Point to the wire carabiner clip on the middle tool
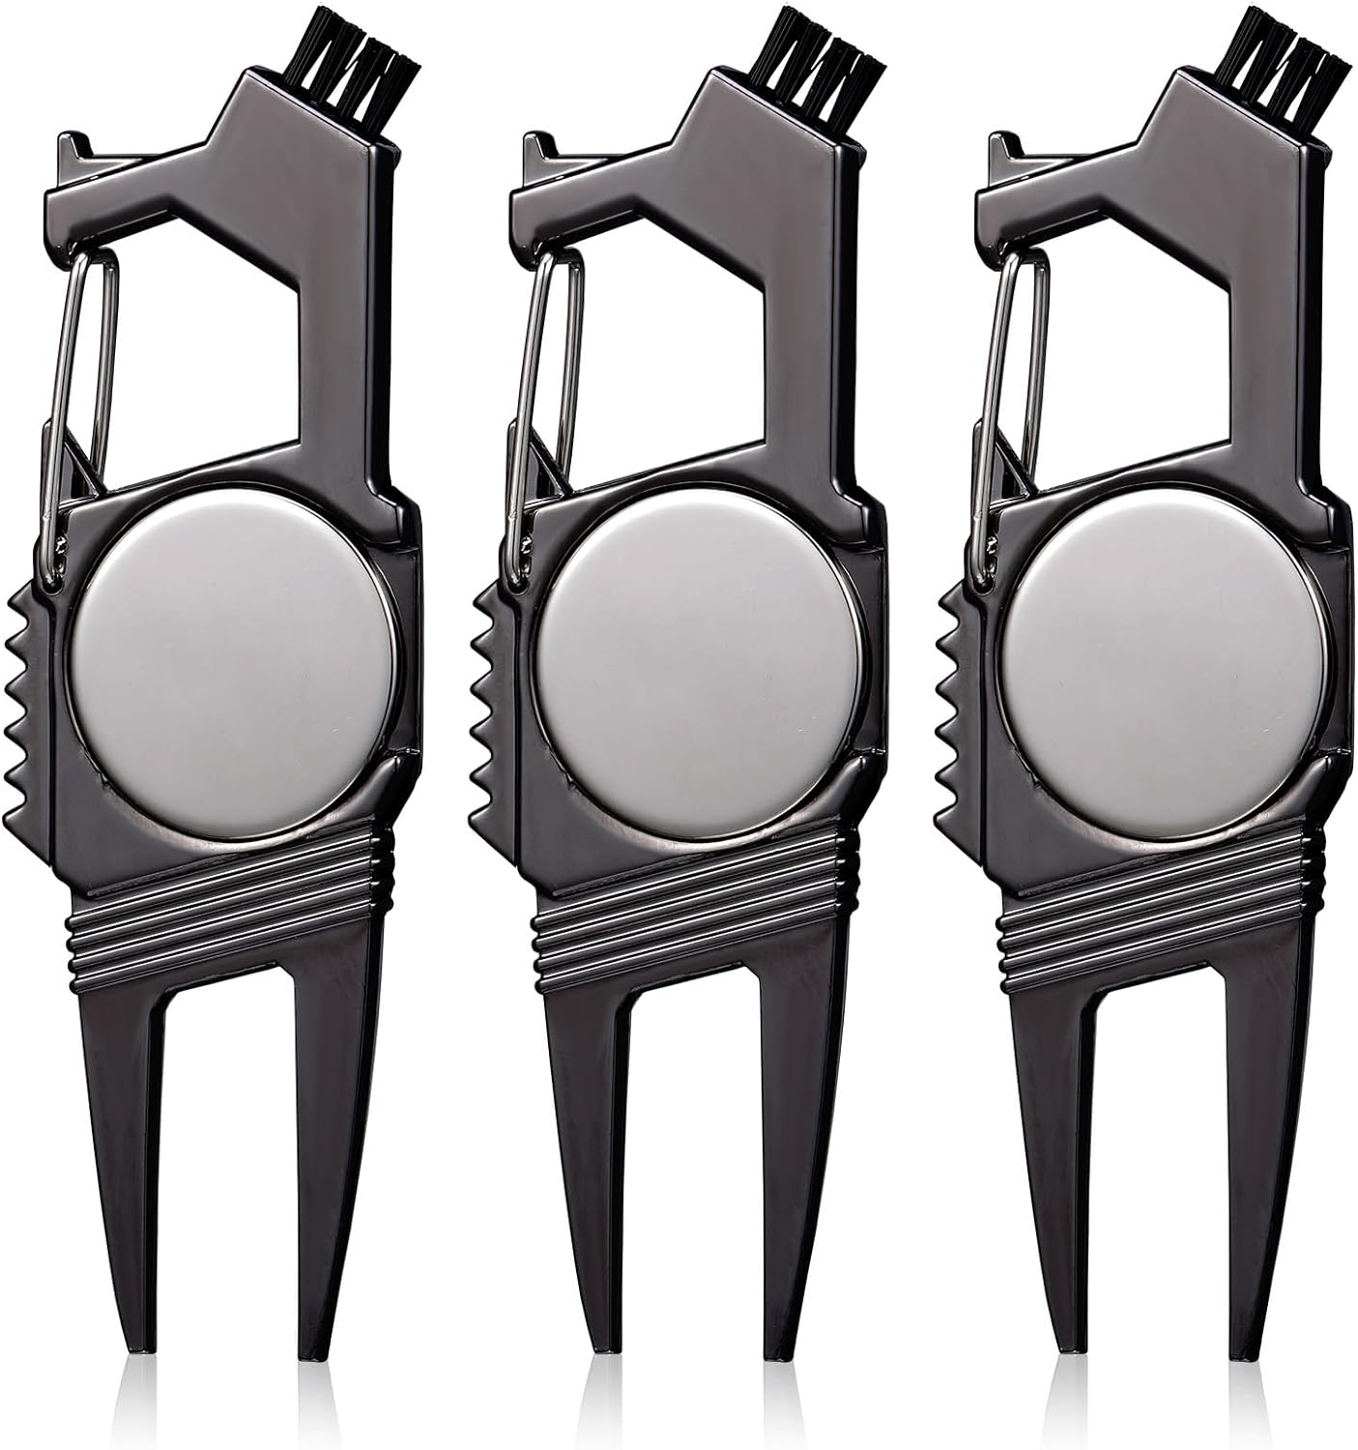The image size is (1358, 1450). pyautogui.click(x=535, y=406)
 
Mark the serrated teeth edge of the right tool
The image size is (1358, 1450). pyautogui.click(x=952, y=696)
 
